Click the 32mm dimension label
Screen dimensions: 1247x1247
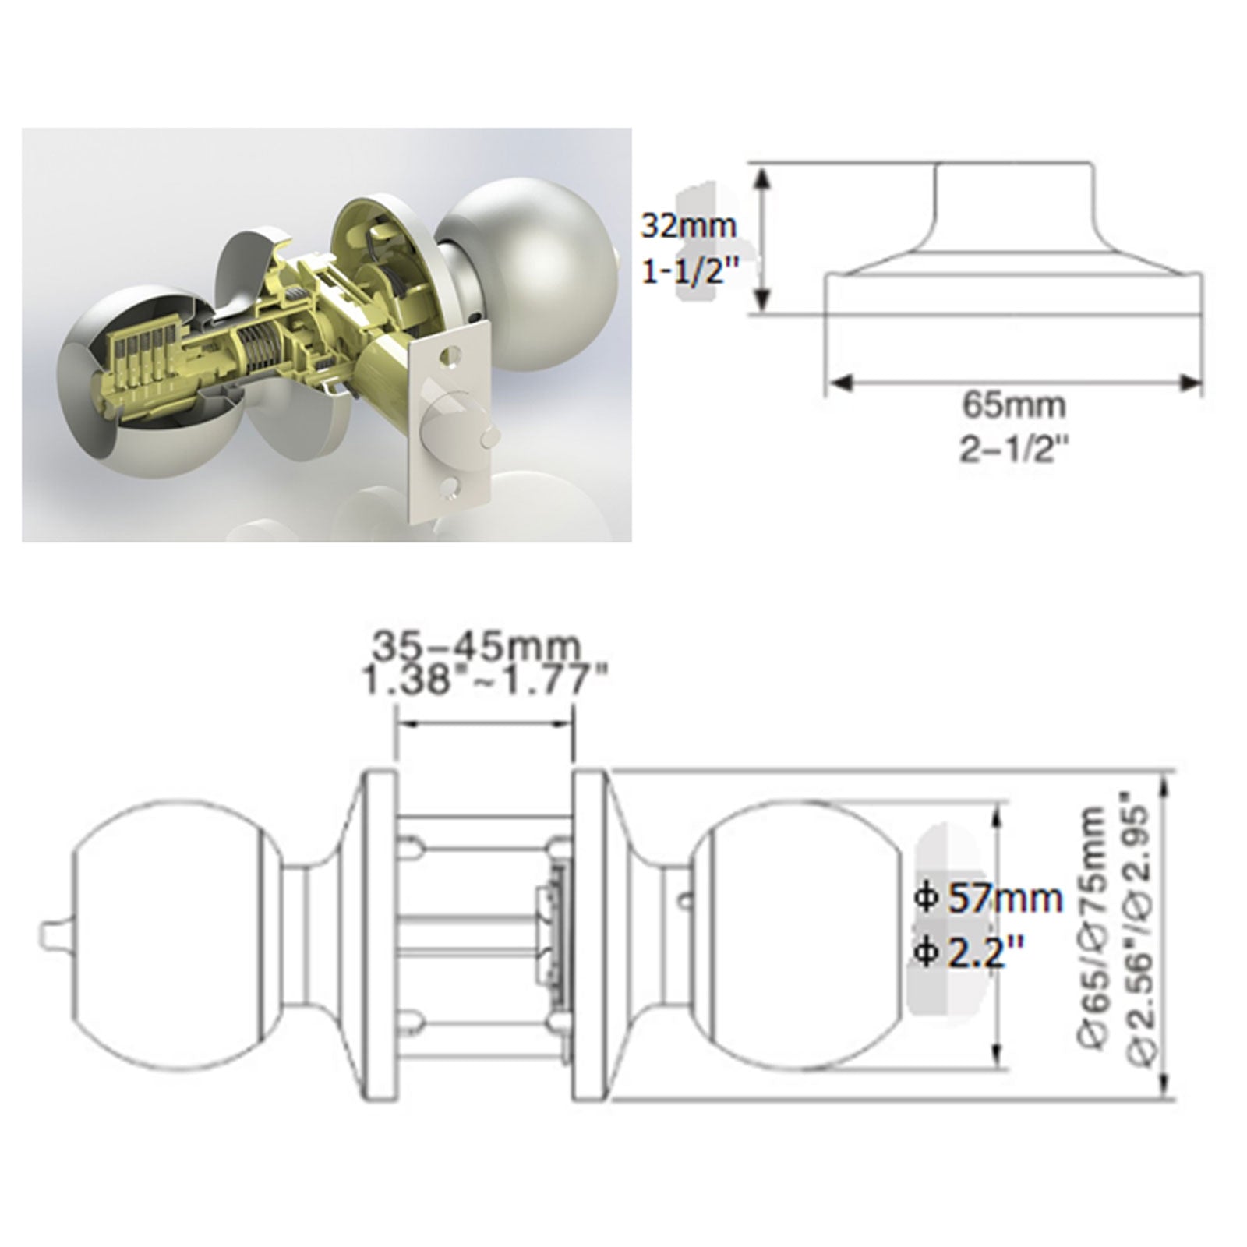tap(688, 226)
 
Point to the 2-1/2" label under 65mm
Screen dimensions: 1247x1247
tap(1012, 450)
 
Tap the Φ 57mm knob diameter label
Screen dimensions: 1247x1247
tap(989, 899)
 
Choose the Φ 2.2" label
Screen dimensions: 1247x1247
tap(970, 952)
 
